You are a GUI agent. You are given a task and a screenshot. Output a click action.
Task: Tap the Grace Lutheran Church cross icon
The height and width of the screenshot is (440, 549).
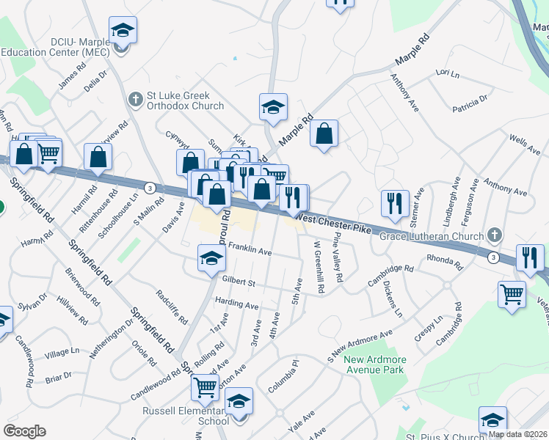(495, 236)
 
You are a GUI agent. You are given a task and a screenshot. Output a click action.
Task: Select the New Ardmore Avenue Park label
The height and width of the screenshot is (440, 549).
(374, 364)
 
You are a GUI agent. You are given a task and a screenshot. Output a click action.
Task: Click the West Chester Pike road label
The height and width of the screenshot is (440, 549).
(334, 219)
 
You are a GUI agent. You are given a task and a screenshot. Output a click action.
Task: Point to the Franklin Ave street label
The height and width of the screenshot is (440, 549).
(250, 250)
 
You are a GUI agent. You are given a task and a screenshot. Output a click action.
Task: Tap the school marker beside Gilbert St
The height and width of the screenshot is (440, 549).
(211, 257)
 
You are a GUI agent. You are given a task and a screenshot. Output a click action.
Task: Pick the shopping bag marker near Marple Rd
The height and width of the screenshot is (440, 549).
(324, 134)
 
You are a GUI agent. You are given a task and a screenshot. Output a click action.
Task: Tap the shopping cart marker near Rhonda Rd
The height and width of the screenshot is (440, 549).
(512, 295)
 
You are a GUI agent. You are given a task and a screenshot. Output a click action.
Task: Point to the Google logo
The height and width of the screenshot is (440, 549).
(24, 430)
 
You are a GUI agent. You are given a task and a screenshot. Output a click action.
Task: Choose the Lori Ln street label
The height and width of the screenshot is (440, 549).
(447, 73)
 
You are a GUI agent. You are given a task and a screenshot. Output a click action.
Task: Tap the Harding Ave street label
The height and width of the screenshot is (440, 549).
(236, 304)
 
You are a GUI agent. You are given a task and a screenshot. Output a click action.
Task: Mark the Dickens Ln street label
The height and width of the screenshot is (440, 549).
(393, 301)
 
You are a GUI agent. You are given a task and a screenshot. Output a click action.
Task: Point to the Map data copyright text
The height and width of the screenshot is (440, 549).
(517, 434)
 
